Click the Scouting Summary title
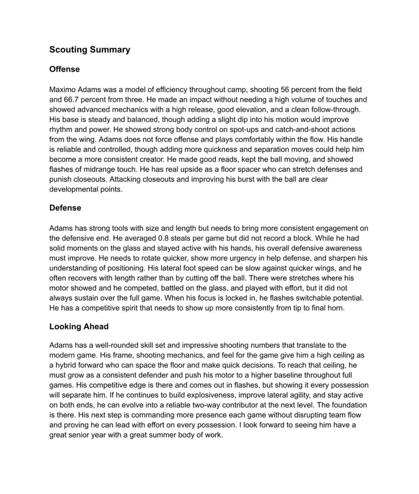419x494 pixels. coord(90,50)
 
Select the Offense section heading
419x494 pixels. coord(65,69)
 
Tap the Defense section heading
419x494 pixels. coord(65,208)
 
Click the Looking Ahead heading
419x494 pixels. coord(79,326)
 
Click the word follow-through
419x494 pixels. coord(335,110)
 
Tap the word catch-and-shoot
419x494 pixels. coord(303,129)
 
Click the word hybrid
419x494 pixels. coord(69,365)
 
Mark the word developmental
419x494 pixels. coord(75,189)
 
